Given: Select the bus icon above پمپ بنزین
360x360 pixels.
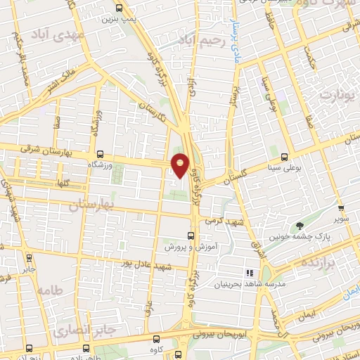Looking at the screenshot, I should pyautogui.click(x=118, y=9).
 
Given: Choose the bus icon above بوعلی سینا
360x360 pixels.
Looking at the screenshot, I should pyautogui.click(x=284, y=157).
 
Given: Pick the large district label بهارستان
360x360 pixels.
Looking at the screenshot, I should pyautogui.click(x=92, y=205).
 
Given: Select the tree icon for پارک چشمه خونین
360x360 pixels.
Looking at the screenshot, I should pyautogui.click(x=301, y=226).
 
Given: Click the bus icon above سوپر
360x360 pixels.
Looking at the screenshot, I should pyautogui.click(x=341, y=208).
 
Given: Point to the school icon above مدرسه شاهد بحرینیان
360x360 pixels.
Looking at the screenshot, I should pyautogui.click(x=248, y=273).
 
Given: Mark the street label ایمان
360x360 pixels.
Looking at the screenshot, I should pyautogui.click(x=307, y=318).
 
